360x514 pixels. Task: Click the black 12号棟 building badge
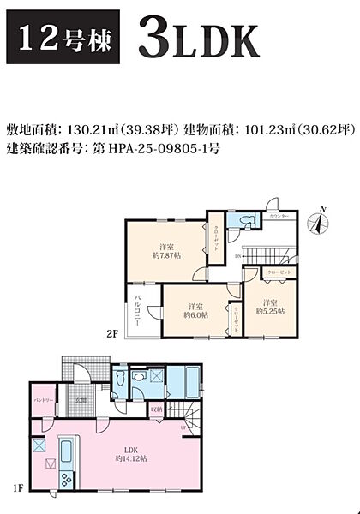pyautogui.click(x=58, y=39)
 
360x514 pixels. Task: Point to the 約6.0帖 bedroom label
pyautogui.click(x=195, y=311)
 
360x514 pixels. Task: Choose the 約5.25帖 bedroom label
pyautogui.click(x=268, y=307)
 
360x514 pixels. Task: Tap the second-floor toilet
pyautogui.click(x=249, y=222)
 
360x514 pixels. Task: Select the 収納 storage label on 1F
pyautogui.click(x=156, y=410)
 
